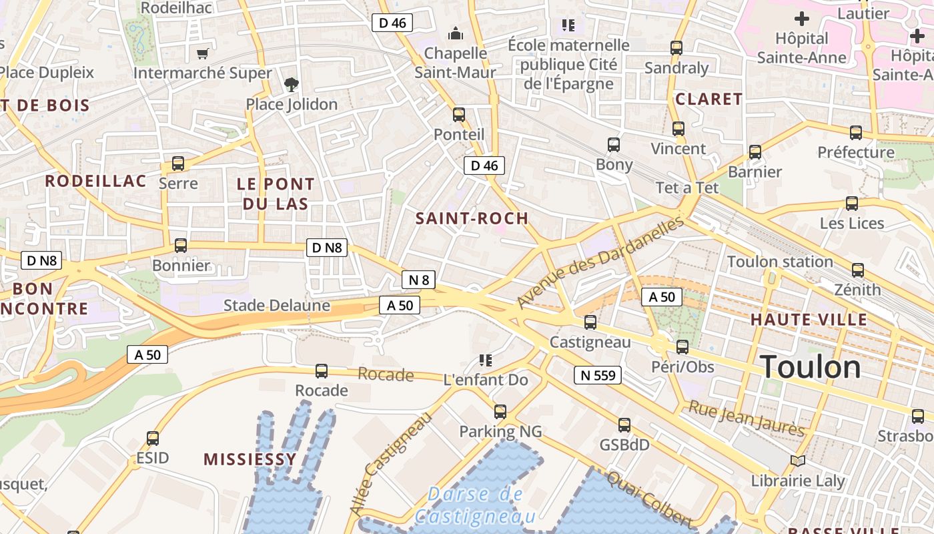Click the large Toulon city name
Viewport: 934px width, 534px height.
pos(810,367)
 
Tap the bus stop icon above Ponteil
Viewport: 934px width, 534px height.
pos(459,114)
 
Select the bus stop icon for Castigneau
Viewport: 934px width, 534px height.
pos(590,322)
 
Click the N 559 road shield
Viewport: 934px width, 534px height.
pos(597,375)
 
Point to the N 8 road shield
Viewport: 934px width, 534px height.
pos(418,280)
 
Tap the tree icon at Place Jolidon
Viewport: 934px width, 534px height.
pos(292,85)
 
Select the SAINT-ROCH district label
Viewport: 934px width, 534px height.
pos(472,218)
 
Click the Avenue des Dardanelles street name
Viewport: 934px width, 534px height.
pos(600,262)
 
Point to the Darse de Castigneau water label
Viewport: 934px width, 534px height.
pos(475,505)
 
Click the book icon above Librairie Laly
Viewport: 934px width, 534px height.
pos(797,461)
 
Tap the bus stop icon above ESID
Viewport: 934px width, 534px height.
pos(153,439)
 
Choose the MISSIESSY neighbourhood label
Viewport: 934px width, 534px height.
pos(250,459)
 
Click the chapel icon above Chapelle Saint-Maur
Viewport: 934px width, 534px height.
pos(456,33)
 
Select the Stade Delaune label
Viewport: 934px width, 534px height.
pos(276,306)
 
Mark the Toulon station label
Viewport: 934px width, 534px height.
pos(780,262)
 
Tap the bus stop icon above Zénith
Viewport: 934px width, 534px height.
pos(858,270)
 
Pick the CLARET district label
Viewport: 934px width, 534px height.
pos(709,99)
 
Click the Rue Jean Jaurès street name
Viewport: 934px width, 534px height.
pos(746,418)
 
